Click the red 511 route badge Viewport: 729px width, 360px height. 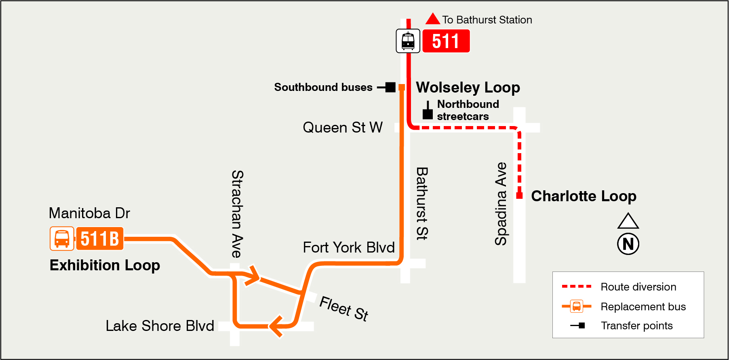click(446, 41)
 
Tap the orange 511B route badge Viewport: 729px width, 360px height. click(99, 238)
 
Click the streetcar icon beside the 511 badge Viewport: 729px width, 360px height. click(408, 41)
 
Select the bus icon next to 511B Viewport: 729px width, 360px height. click(62, 238)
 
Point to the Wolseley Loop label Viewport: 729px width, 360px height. click(468, 87)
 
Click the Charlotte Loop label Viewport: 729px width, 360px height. click(583, 196)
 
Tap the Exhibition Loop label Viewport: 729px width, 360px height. click(105, 265)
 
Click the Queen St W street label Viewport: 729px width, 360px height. click(342, 128)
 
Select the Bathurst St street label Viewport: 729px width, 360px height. click(422, 204)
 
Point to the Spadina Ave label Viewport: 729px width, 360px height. click(501, 204)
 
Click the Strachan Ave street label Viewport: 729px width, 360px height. click(237, 214)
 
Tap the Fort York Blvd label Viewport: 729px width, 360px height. click(348, 247)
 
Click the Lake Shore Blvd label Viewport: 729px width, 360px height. click(160, 326)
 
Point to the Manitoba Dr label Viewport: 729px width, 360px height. click(89, 213)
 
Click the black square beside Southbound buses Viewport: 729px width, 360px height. click(390, 87)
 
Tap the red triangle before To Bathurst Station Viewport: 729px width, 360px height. click(433, 19)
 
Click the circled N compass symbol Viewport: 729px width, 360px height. click(628, 244)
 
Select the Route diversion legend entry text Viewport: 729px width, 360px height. click(638, 287)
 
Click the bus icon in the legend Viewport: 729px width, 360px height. click(577, 306)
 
